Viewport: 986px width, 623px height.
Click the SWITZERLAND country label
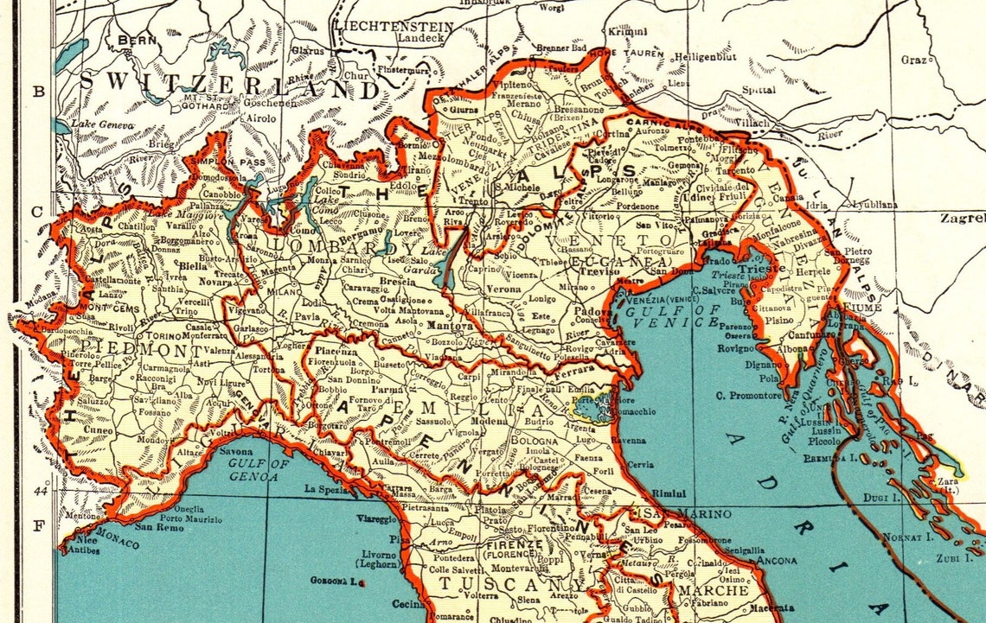click(229, 86)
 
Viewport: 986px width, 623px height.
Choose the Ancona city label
click(776, 560)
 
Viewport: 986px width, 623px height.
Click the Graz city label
click(913, 59)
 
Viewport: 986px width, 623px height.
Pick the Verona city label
click(503, 288)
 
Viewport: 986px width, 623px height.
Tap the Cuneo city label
click(99, 429)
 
